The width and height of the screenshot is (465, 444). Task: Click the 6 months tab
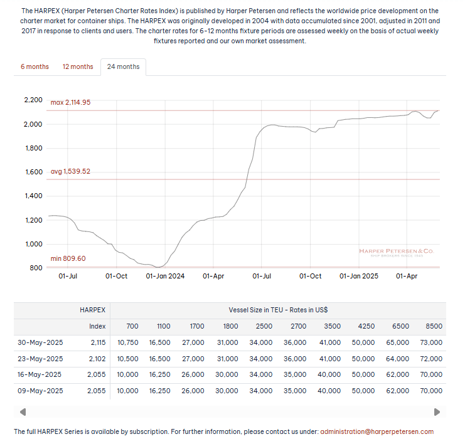35,66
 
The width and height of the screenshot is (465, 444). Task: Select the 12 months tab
77,66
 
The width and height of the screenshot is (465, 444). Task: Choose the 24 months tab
123,66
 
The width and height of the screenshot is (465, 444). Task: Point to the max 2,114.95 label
70,102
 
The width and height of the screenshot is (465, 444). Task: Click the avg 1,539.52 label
70,171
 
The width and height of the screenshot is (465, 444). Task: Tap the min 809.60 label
68,258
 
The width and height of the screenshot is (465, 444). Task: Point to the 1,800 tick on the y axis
32,149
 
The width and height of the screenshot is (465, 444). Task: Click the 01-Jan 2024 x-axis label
165,276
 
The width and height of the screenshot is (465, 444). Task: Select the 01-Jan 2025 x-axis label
359,276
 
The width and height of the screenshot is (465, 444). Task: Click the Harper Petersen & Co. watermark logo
396,252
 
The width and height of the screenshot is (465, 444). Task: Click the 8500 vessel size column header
434,326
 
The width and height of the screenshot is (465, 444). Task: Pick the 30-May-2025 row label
41,342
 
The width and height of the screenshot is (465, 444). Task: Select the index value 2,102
97,359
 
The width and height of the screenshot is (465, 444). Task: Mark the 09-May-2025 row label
41,391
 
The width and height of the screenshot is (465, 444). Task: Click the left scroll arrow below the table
23,412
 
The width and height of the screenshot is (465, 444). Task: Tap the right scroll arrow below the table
437,412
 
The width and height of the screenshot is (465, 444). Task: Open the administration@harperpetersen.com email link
377,431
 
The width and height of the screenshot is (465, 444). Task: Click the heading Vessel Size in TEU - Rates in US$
278,310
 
